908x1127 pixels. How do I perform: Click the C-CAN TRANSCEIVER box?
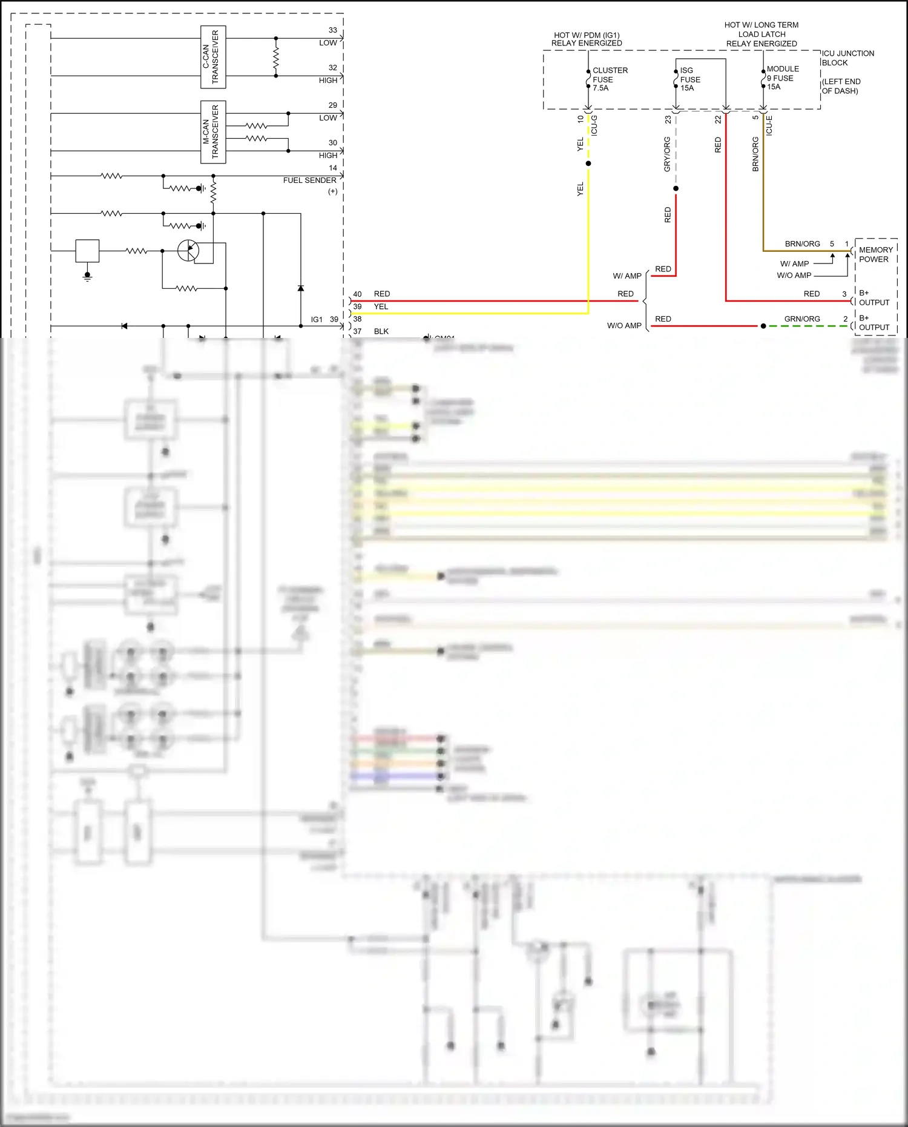click(x=213, y=57)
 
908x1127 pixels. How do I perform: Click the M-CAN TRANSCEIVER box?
click(x=213, y=132)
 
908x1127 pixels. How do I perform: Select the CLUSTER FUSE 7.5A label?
click(x=610, y=79)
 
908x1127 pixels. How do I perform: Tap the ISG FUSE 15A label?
click(x=689, y=79)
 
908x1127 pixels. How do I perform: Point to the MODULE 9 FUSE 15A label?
click(x=782, y=78)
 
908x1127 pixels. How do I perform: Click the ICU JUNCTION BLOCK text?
click(x=847, y=58)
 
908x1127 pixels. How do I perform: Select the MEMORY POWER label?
click(x=875, y=254)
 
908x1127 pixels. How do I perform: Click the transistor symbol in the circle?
click(x=188, y=250)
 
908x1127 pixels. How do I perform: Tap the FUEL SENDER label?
click(x=309, y=180)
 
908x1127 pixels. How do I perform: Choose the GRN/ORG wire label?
click(x=801, y=319)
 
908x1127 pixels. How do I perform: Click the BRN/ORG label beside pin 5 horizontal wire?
click(x=802, y=244)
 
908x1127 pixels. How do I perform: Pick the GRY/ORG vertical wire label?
click(x=667, y=154)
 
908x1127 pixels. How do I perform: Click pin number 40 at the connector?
click(x=357, y=294)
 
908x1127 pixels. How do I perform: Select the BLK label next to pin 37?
click(x=381, y=331)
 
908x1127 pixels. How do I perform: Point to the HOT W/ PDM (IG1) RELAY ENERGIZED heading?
click(x=586, y=39)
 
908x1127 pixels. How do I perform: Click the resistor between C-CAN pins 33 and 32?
click(x=276, y=58)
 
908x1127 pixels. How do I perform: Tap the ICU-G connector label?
click(x=594, y=125)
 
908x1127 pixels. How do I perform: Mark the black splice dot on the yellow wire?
click(x=588, y=164)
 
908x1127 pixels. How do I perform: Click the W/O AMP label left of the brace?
click(x=624, y=326)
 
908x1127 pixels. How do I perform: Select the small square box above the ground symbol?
click(x=87, y=250)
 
